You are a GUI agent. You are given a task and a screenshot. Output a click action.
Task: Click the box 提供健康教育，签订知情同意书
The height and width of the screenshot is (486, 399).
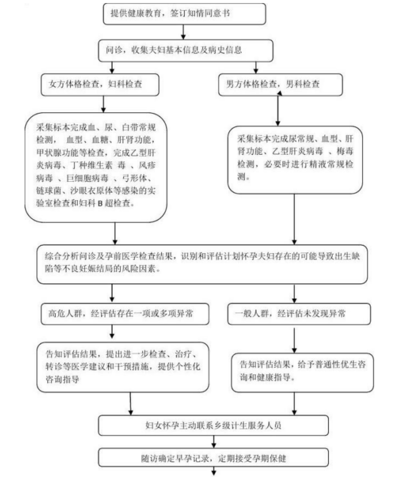[x=184, y=14]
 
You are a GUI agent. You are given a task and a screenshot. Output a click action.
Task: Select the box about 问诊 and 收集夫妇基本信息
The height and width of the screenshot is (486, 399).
[x=186, y=50]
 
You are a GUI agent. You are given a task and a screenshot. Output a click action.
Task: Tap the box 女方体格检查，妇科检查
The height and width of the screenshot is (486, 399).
[x=100, y=84]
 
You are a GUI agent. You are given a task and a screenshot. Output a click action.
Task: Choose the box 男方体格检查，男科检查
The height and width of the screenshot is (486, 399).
[x=281, y=84]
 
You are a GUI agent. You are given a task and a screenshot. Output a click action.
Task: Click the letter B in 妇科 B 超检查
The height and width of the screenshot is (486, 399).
[x=100, y=204]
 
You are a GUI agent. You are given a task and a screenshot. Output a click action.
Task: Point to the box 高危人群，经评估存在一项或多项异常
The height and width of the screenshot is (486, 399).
[x=125, y=314]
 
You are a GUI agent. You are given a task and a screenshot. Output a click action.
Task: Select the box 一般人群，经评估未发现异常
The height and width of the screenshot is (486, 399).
[x=299, y=314]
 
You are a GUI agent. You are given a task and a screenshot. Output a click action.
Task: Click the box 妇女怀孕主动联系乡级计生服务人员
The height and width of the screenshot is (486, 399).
[x=213, y=425]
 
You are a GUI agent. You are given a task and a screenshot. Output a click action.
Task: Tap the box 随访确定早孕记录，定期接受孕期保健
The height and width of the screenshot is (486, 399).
[x=213, y=458]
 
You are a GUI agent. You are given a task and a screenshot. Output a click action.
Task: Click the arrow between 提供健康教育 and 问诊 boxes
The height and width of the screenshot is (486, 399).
[x=184, y=32]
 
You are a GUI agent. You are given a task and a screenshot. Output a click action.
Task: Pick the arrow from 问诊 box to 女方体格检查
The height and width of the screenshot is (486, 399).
[x=112, y=68]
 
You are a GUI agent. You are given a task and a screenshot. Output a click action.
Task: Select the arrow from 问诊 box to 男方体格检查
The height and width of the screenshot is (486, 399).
[x=256, y=68]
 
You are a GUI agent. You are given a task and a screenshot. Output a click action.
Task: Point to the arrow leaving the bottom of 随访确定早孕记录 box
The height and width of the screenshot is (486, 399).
[x=213, y=471]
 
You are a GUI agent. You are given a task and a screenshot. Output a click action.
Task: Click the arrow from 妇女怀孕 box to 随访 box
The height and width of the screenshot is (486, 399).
[x=213, y=442]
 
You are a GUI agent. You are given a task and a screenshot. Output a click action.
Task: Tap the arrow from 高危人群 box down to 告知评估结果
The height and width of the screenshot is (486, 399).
[x=112, y=331]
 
